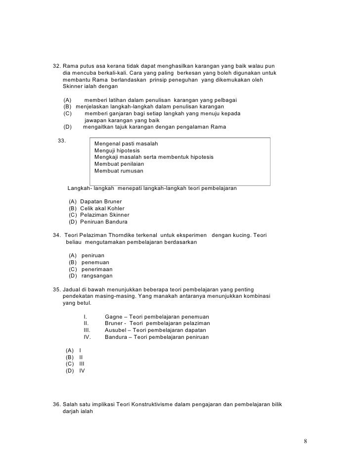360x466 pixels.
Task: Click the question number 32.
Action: [57, 66]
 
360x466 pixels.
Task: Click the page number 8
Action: [306, 441]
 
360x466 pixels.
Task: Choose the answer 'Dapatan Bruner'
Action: [100, 201]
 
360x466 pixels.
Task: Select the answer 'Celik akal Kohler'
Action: [102, 208]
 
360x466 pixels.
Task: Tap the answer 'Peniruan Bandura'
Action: [104, 222]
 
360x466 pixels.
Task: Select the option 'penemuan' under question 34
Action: [95, 262]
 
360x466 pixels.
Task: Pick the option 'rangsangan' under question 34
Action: [97, 276]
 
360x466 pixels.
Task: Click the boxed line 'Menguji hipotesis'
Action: [117, 150]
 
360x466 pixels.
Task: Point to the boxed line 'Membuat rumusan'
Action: [119, 171]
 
